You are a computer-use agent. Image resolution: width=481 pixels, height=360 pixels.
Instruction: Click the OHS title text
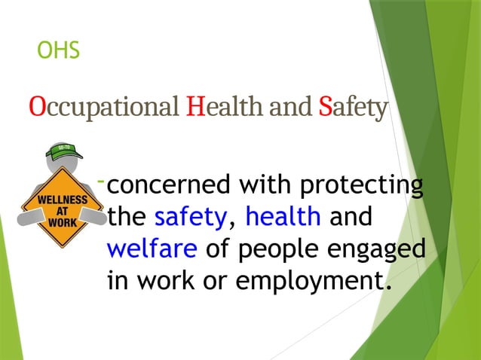59,51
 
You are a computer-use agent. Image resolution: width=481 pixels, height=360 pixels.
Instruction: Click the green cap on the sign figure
63,152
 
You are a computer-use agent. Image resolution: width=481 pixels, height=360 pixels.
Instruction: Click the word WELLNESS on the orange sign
63,201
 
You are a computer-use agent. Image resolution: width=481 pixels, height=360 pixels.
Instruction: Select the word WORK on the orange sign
63,223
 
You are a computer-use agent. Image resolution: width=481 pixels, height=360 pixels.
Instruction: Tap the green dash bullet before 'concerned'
101,182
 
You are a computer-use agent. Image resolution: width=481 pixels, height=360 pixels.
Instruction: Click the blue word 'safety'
190,218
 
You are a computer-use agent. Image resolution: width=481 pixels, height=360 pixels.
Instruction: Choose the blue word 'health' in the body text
283,218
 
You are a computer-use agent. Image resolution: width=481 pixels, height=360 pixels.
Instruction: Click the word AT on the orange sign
63,212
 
